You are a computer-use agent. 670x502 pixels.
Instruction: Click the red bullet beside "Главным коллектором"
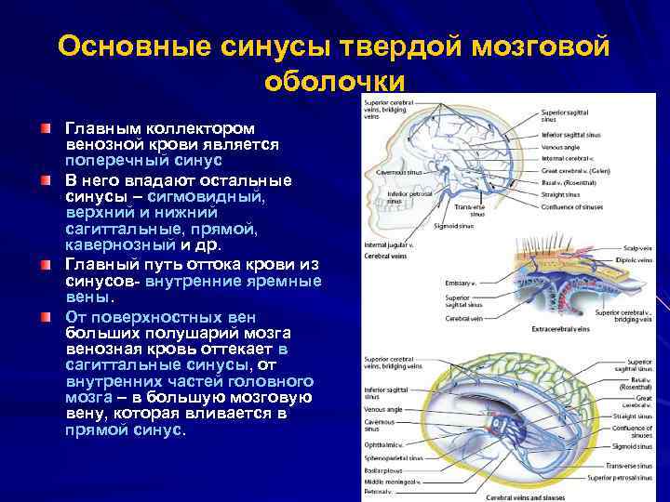(x=47, y=125)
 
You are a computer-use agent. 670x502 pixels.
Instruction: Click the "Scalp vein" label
(x=636, y=249)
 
